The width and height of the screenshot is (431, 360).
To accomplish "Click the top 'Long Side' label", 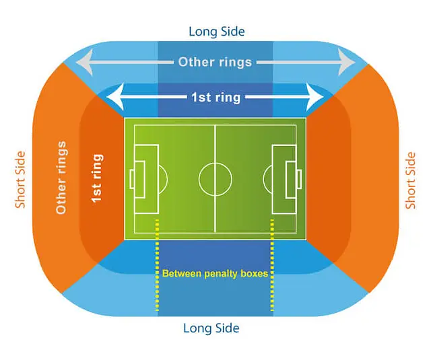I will coord(216,31).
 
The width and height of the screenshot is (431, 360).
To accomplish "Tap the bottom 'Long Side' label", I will coord(211,328).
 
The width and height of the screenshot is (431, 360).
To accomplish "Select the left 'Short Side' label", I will coord(20,180).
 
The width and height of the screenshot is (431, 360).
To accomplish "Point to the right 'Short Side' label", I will coord(410,180).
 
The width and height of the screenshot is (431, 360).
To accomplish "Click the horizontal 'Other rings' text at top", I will coord(215,62).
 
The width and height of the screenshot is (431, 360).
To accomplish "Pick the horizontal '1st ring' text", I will coord(215,98).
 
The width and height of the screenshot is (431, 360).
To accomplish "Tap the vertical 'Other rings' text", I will coord(61,178).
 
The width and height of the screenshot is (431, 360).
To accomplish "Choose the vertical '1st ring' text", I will coord(97,178).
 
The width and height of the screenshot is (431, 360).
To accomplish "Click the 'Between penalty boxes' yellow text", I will coord(215,274).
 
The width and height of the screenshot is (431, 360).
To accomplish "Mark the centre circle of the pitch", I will coord(215,178).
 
